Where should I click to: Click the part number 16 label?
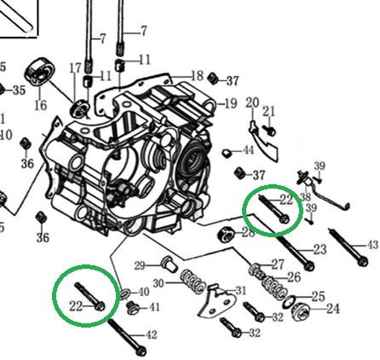point(41,105)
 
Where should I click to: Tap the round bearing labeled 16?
point(40,72)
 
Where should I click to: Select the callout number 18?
point(197,76)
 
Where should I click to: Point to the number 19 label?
point(231,103)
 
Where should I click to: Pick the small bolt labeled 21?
point(268,131)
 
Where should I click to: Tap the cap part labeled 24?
point(301,312)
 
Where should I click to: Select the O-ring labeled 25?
point(289,302)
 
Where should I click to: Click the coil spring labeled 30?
point(193,282)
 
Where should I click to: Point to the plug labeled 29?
point(169,264)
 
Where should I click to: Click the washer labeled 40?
point(125,294)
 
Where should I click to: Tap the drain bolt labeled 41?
point(133,308)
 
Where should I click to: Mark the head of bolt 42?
point(141,351)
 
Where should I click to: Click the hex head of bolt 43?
point(362,261)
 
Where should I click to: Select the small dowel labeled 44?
point(227,154)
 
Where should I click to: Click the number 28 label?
point(249,233)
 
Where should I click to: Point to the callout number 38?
point(305,197)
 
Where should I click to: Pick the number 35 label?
point(19,90)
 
